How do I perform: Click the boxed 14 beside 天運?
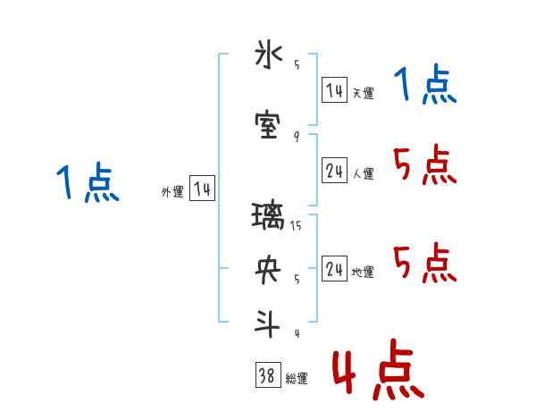point(334,91)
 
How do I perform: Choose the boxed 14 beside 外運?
point(202,189)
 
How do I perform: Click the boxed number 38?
point(267,376)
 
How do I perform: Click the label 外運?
point(172,192)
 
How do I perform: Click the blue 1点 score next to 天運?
point(424,86)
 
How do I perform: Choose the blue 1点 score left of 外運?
point(87,184)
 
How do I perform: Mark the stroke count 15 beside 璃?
point(296,225)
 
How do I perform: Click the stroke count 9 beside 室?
point(296,135)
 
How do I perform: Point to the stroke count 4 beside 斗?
point(296,333)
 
